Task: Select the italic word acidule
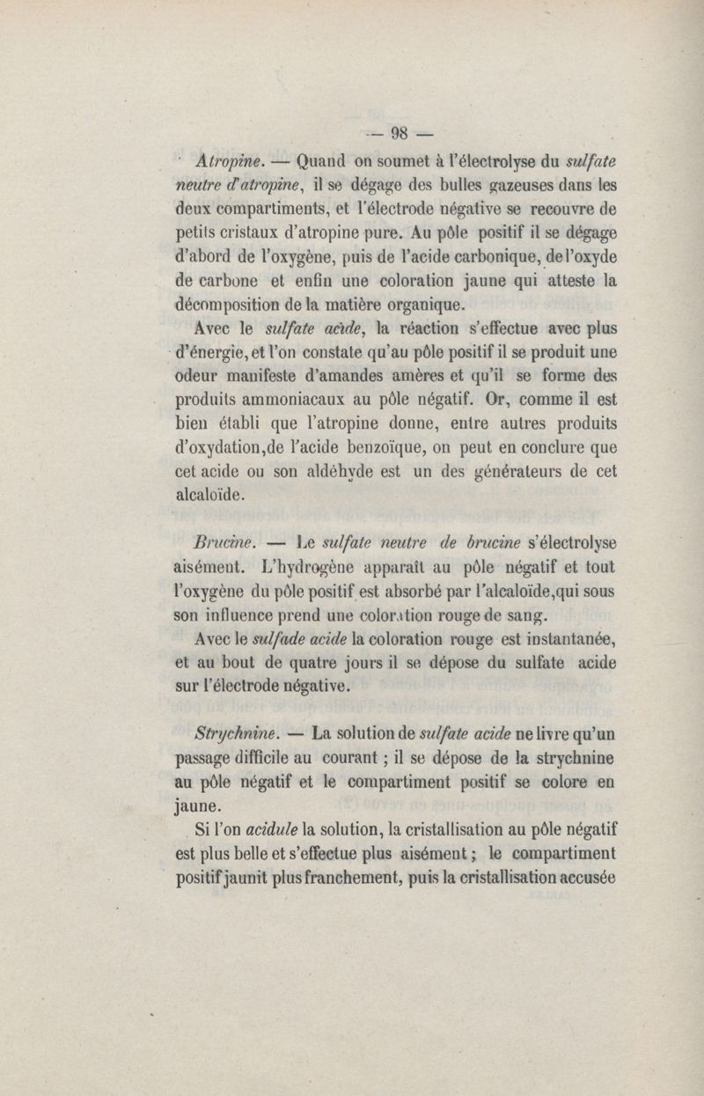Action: (274, 828)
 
